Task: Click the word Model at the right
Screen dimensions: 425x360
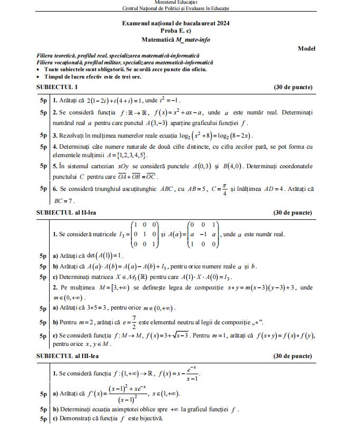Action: tap(306, 49)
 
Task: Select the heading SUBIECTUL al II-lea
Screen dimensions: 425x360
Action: tap(66, 213)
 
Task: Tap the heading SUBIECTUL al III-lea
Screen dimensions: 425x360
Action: tap(68, 356)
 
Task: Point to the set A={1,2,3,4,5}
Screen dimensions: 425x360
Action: tap(122, 156)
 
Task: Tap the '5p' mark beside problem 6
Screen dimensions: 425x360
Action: tap(43, 188)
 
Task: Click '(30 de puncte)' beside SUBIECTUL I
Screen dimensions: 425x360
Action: tap(293, 87)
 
